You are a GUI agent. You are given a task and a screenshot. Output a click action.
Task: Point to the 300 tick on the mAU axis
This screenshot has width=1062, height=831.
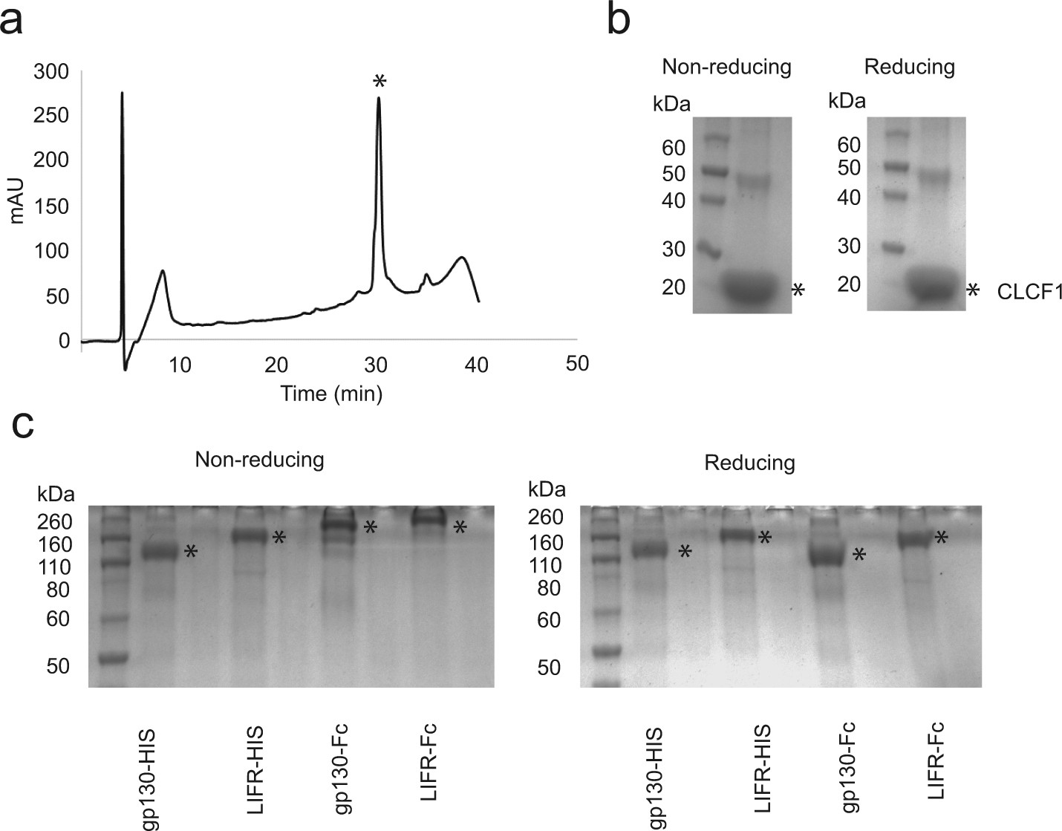(53, 72)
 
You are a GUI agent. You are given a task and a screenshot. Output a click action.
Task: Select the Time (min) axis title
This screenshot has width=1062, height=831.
(331, 393)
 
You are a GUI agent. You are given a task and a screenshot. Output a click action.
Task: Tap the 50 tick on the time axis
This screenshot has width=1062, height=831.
(577, 363)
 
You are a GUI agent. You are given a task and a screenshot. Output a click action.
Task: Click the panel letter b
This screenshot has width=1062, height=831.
(621, 21)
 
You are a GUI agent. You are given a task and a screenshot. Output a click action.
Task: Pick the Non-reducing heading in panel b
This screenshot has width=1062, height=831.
(727, 68)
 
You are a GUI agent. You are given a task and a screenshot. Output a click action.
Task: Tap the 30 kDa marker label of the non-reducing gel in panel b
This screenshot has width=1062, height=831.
(673, 249)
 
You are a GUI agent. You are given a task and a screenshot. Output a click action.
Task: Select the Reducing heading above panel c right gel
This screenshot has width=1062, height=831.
(750, 463)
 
